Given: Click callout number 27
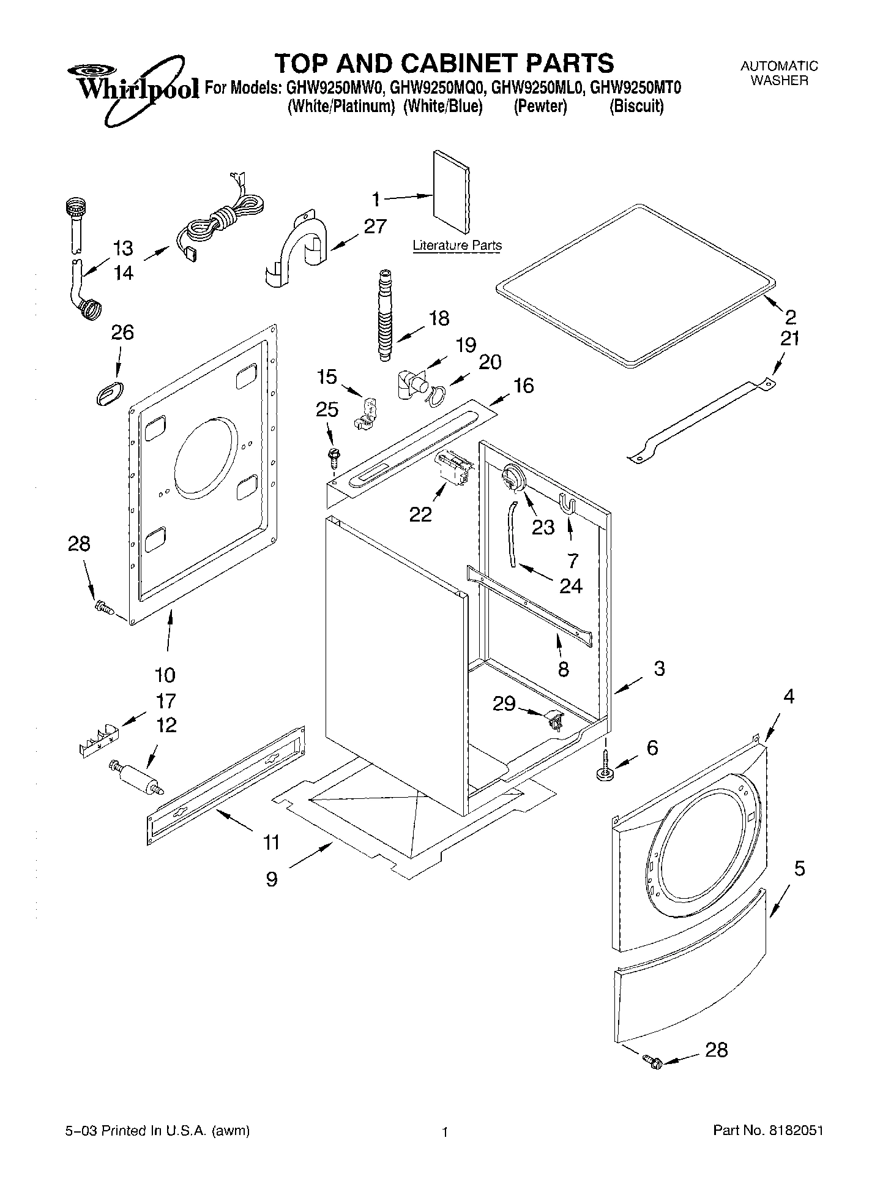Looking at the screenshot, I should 375,227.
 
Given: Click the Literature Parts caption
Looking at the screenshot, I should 457,245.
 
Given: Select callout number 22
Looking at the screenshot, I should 420,514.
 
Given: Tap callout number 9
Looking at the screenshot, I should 272,879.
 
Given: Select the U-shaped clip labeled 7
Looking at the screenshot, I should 567,504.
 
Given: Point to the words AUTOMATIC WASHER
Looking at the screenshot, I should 779,73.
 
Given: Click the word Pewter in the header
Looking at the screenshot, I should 540,107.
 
